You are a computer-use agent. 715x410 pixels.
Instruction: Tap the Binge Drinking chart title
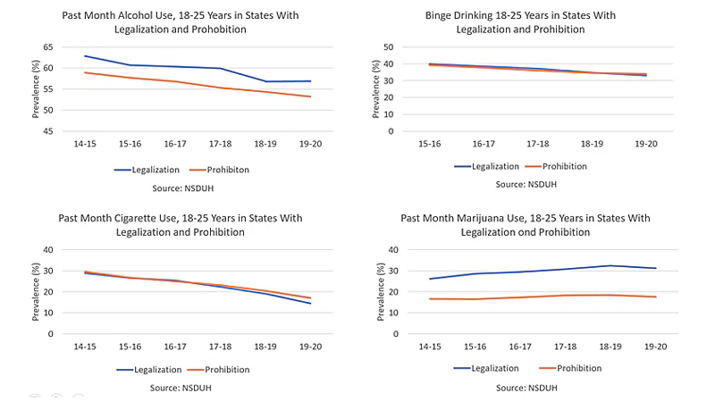click(x=521, y=22)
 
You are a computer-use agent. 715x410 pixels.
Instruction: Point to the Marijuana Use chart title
click(x=525, y=225)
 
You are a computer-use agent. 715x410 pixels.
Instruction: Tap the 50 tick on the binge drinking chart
click(x=389, y=47)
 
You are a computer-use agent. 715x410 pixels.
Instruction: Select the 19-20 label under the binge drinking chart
click(x=644, y=143)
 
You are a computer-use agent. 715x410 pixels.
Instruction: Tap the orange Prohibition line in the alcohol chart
click(x=179, y=81)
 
